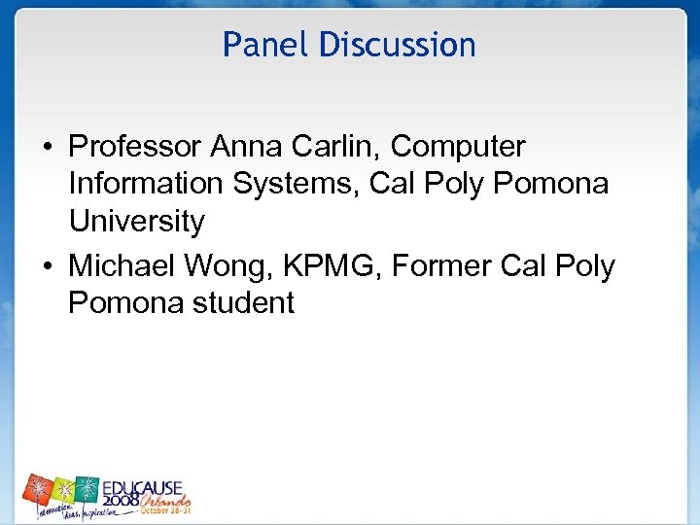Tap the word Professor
pos(135,148)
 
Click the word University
pos(136,223)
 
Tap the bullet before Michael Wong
pos(47,266)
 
